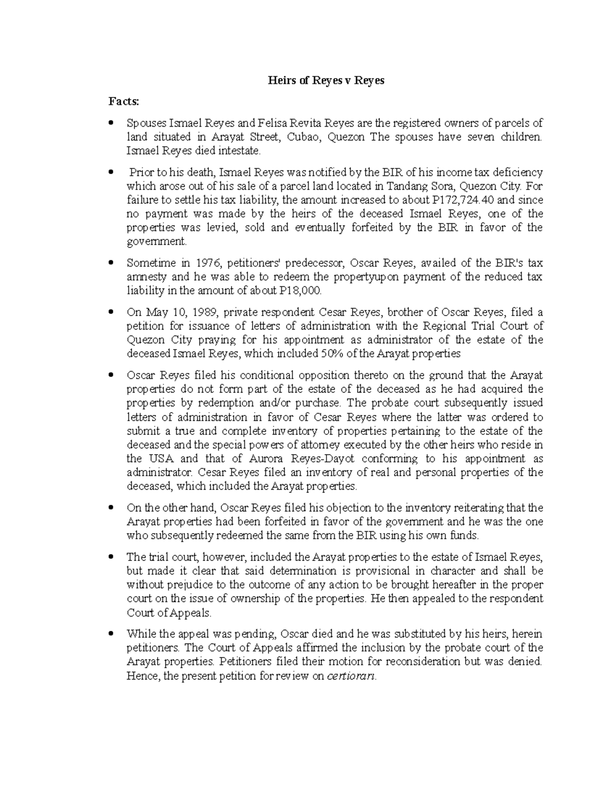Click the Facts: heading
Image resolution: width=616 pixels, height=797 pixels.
pos(124,102)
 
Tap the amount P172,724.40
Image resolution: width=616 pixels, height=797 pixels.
pos(464,200)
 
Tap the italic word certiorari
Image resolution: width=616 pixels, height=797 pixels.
pos(351,676)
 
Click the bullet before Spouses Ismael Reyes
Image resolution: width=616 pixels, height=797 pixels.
pos(111,123)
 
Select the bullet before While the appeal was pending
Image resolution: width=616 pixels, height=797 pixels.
pos(111,634)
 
